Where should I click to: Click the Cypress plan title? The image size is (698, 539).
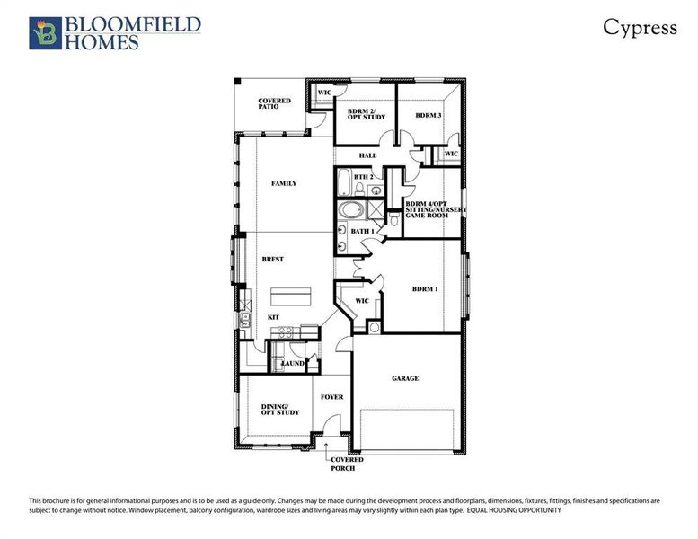[x=640, y=27]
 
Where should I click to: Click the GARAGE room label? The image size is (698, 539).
[x=405, y=378]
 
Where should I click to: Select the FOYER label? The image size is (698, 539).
[x=332, y=395]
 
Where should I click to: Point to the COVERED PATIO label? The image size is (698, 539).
[x=274, y=103]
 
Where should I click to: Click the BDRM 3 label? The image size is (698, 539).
[x=429, y=116]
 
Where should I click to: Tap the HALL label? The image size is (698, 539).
[x=367, y=155]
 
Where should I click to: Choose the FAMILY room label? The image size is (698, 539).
[x=284, y=183]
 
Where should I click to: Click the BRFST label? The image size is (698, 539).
[x=273, y=259]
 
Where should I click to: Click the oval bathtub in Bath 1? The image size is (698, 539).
[x=350, y=213]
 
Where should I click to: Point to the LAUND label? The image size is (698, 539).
[x=295, y=363]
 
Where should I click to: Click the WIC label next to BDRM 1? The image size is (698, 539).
[x=363, y=301]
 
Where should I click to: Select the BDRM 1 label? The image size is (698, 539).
[x=425, y=289]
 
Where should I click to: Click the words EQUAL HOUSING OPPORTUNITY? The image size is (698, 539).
[x=514, y=509]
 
